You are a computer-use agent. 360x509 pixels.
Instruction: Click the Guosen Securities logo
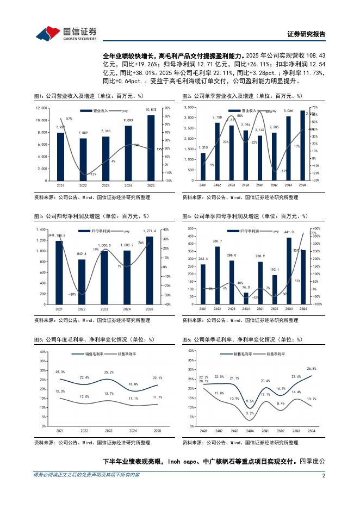[x=66, y=33]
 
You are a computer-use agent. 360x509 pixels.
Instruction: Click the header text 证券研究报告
[x=306, y=34]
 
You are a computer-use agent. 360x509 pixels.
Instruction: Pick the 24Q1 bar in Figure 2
[x=203, y=166]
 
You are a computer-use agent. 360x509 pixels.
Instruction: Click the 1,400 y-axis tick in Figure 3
[x=41, y=229]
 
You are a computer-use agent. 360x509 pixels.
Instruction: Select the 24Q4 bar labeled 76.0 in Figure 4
[x=246, y=297]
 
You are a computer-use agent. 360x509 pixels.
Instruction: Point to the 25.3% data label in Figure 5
[x=60, y=372]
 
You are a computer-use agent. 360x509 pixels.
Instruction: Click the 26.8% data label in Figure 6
[x=311, y=368]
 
